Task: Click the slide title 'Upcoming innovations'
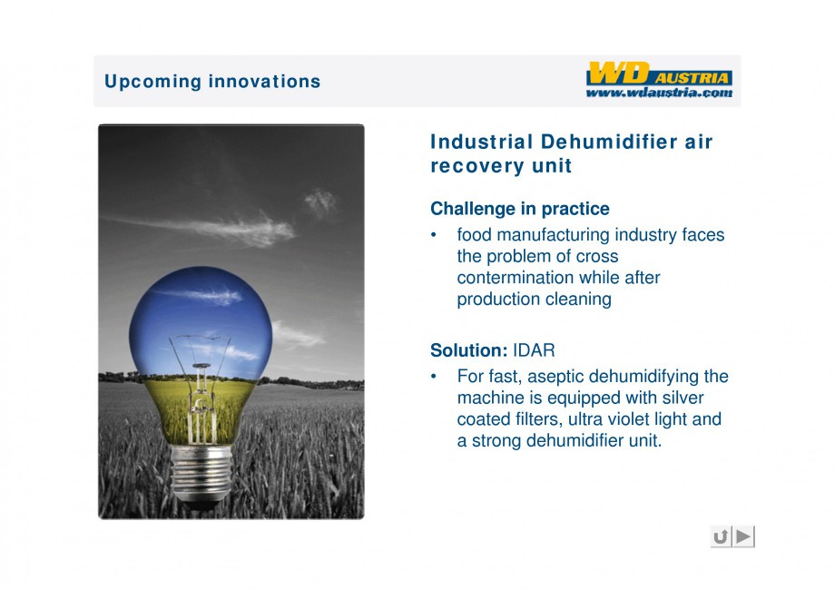212,82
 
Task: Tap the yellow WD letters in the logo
619,73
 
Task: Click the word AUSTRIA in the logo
692,78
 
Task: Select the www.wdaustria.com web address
659,93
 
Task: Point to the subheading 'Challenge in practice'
520,209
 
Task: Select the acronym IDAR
534,350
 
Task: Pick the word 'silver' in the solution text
683,398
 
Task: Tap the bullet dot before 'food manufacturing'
434,235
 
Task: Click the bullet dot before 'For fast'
434,377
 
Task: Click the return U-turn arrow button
721,536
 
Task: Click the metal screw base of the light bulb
201,474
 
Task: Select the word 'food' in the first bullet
474,235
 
